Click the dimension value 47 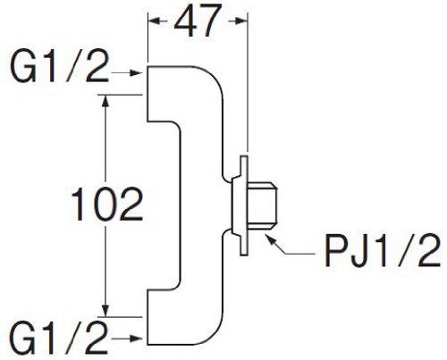click(x=198, y=21)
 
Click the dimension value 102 click(x=107, y=204)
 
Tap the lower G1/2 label click(x=59, y=338)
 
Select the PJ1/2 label click(x=383, y=250)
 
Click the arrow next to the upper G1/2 click(x=126, y=73)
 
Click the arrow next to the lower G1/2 click(x=126, y=339)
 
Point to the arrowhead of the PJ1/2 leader click(x=269, y=239)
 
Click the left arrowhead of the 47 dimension click(x=155, y=21)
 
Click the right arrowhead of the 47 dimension click(x=241, y=21)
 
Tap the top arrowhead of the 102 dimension click(x=105, y=101)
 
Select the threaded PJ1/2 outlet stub click(x=263, y=205)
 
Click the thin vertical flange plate click(x=244, y=205)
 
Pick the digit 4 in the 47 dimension click(x=185, y=21)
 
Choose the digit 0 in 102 click(x=107, y=205)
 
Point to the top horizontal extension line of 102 click(x=120, y=95)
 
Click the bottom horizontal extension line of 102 click(x=120, y=317)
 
